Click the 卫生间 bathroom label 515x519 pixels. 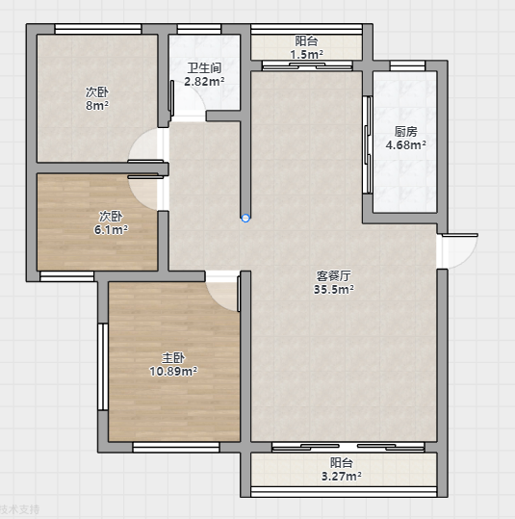[x=204, y=68]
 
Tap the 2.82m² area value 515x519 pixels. [x=204, y=81]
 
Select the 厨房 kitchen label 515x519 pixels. [x=406, y=132]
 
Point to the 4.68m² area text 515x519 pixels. [x=406, y=145]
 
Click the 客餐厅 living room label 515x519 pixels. [x=334, y=276]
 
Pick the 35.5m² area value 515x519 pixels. [x=334, y=289]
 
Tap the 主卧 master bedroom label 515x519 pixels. [x=173, y=358]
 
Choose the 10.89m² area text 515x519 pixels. [x=173, y=372]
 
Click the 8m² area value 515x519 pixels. [x=97, y=106]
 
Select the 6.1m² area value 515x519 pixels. [x=111, y=230]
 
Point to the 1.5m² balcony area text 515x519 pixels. [x=306, y=54]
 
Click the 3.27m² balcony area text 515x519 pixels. [x=341, y=477]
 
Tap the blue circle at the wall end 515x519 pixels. [x=245, y=219]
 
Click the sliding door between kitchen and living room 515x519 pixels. [x=368, y=144]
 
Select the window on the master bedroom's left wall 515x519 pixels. [x=103, y=367]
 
